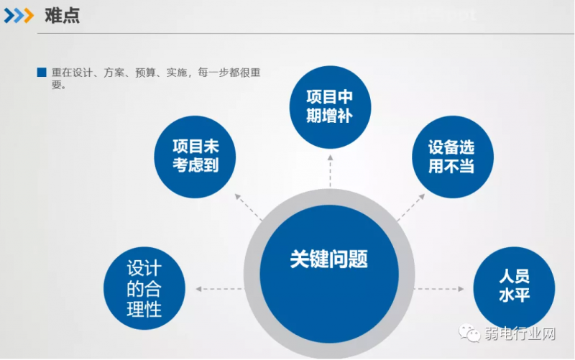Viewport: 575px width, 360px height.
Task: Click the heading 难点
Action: (x=62, y=16)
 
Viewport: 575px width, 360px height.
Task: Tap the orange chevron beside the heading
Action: (x=29, y=16)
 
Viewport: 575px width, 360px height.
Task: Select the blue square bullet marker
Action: (x=42, y=73)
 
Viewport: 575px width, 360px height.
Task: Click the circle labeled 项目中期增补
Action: (x=330, y=107)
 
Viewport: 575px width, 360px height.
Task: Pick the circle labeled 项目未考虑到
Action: (x=195, y=157)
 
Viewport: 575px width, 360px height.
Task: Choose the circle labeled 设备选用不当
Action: (x=453, y=157)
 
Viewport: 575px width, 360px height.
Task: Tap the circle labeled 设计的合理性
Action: (x=144, y=288)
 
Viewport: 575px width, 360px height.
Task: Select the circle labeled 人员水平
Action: (x=514, y=288)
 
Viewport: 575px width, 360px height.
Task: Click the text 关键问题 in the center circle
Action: (x=328, y=259)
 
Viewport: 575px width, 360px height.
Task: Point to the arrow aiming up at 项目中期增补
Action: (x=330, y=171)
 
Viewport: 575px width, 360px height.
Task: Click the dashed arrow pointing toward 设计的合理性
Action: (x=219, y=289)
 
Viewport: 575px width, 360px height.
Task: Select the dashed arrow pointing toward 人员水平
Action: (x=439, y=289)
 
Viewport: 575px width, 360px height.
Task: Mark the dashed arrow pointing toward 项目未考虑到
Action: (x=248, y=207)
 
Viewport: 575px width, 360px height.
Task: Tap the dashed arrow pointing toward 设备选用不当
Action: (x=411, y=207)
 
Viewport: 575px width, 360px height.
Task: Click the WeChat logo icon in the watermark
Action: (x=469, y=333)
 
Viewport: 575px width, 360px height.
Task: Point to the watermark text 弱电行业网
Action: (x=520, y=333)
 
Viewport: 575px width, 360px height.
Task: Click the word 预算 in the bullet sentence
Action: (x=146, y=73)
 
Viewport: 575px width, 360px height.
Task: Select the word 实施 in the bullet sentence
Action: (x=177, y=73)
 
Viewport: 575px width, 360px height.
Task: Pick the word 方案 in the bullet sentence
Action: (x=114, y=73)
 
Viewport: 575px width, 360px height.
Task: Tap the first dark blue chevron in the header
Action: (x=9, y=16)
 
